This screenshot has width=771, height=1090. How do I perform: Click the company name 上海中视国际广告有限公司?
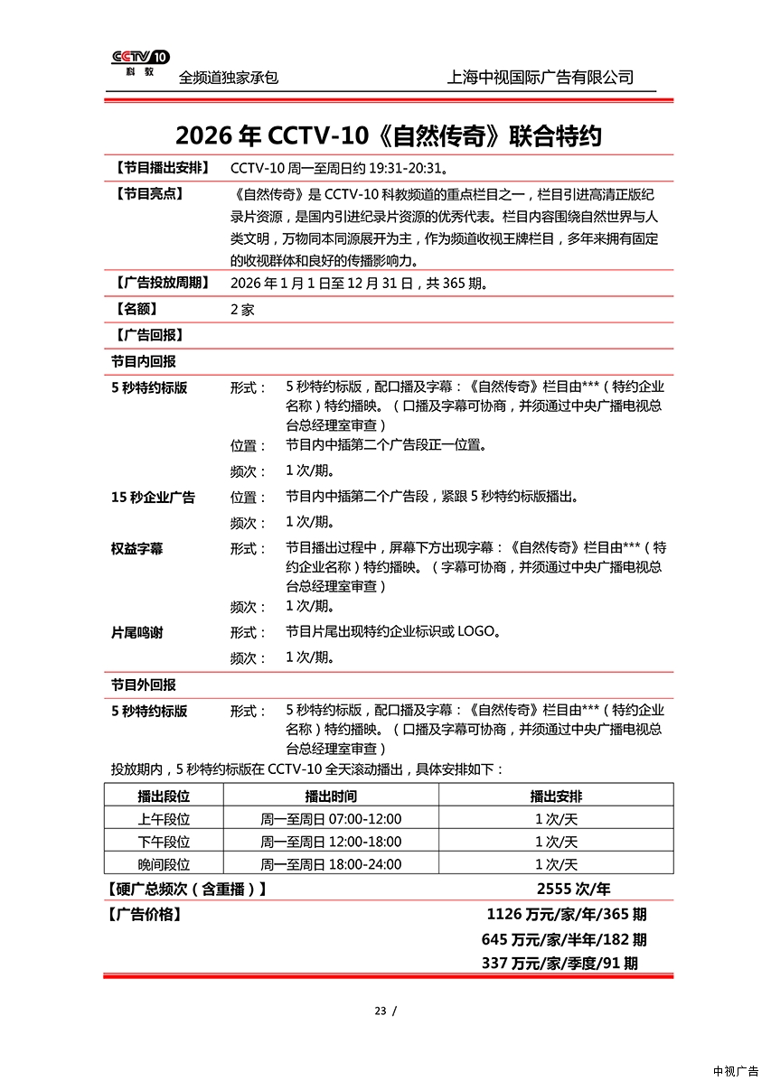click(x=540, y=78)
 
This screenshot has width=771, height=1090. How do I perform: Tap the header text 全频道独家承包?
click(x=228, y=78)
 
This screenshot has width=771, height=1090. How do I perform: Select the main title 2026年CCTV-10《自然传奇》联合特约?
click(x=388, y=135)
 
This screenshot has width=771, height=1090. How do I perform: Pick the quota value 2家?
click(x=242, y=310)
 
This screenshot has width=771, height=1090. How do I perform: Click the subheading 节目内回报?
click(x=144, y=361)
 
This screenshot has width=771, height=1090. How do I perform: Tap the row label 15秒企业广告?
click(x=153, y=498)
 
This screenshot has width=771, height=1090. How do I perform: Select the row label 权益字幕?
click(x=137, y=549)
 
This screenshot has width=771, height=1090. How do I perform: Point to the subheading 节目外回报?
click(x=144, y=685)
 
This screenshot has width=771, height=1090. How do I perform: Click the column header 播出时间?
click(x=331, y=797)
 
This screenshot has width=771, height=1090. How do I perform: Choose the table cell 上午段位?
click(x=164, y=819)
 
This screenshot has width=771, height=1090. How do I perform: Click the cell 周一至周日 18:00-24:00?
click(x=331, y=864)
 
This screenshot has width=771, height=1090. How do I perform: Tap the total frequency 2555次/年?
click(x=573, y=889)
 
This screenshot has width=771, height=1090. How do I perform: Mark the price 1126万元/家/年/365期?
click(x=566, y=915)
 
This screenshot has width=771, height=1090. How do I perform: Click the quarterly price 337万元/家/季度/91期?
click(x=559, y=964)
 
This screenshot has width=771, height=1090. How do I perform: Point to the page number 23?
click(x=380, y=1011)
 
